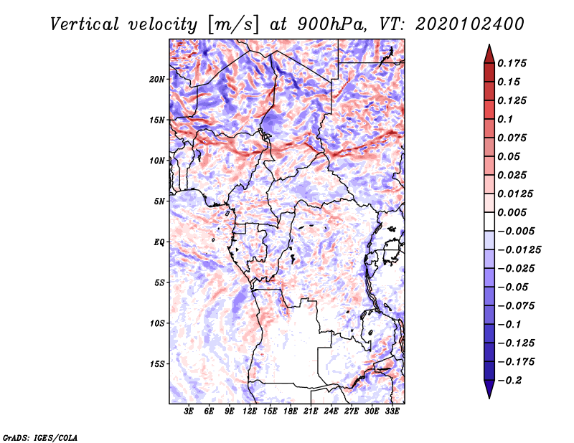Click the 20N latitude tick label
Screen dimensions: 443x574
click(157, 79)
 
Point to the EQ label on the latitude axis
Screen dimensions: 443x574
click(159, 242)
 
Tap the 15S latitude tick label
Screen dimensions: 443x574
click(157, 363)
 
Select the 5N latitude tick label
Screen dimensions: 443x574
click(159, 201)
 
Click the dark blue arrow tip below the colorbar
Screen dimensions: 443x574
click(488, 395)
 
